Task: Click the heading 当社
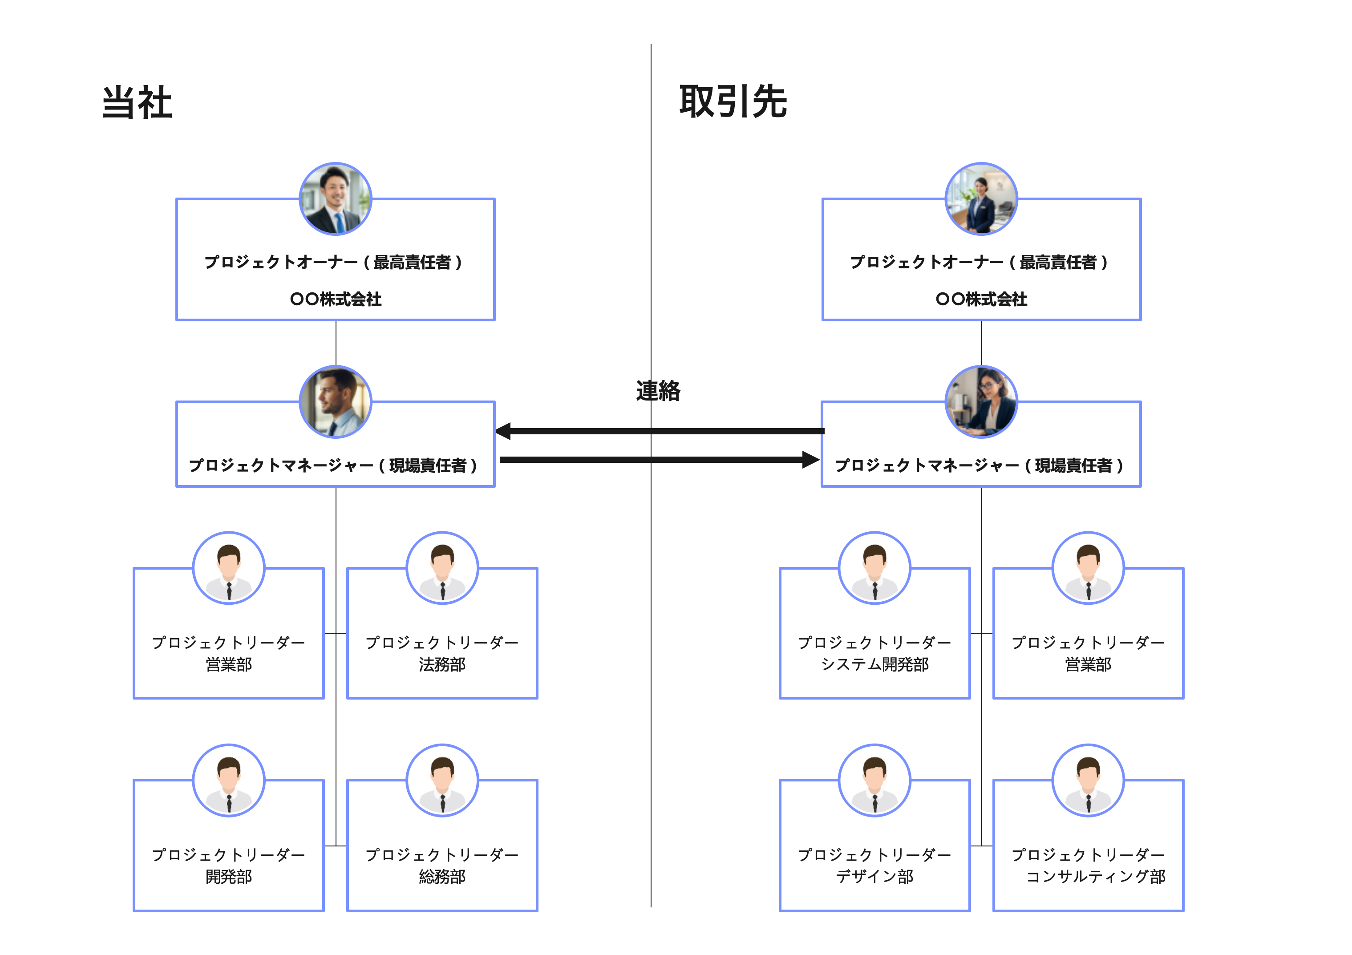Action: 137,103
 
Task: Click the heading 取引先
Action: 733,102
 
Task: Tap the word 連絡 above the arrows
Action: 658,391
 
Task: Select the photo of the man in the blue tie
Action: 336,199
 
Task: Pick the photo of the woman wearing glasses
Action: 981,402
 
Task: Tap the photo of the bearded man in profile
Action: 336,402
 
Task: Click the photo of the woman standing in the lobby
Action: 981,199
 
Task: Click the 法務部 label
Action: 442,665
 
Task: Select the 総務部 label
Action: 442,877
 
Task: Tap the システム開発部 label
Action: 874,665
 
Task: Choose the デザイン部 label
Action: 874,877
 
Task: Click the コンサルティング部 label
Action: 1095,877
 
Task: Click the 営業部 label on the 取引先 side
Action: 1088,665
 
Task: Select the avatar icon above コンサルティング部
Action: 1088,780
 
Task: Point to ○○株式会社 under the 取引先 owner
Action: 981,299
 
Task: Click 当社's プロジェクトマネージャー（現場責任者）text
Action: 333,466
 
